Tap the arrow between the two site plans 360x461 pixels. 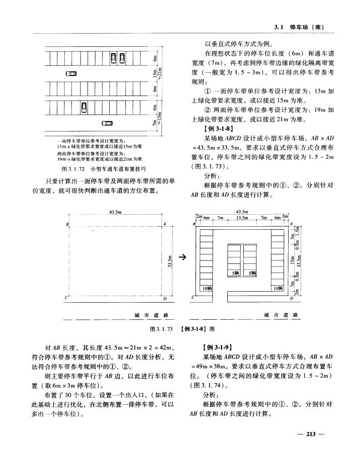point(183,258)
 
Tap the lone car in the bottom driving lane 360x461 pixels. point(107,124)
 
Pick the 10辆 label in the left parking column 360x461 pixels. point(207,288)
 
